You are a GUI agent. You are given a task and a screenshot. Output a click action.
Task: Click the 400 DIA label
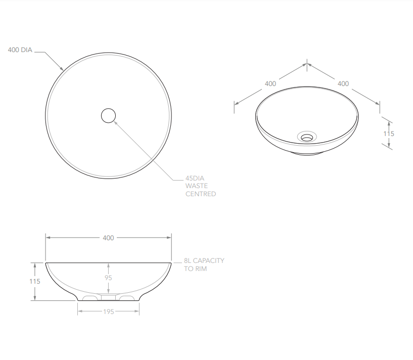pyautogui.click(x=20, y=50)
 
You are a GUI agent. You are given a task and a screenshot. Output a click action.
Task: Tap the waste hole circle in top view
pyautogui.click(x=108, y=116)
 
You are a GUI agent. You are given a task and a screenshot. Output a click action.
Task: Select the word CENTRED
pyautogui.click(x=200, y=194)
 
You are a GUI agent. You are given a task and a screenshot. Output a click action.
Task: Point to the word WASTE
pyautogui.click(x=196, y=186)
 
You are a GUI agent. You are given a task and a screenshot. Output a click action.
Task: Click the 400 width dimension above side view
pyautogui.click(x=108, y=238)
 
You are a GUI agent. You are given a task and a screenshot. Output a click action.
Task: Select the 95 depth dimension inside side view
pyautogui.click(x=108, y=278)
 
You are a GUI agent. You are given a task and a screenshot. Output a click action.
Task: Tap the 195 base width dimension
pyautogui.click(x=108, y=311)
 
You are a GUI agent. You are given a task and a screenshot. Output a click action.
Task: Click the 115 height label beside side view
pyautogui.click(x=34, y=282)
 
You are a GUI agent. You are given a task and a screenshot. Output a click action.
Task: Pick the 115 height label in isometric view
pyautogui.click(x=389, y=134)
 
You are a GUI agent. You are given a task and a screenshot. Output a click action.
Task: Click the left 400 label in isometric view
pyautogui.click(x=270, y=83)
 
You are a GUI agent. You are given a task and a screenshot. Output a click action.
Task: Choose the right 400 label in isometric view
pyautogui.click(x=343, y=83)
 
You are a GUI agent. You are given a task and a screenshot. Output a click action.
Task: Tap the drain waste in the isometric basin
pyautogui.click(x=307, y=136)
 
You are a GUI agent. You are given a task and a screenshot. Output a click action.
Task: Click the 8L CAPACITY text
pyautogui.click(x=204, y=260)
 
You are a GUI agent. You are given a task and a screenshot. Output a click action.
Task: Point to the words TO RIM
pyautogui.click(x=196, y=268)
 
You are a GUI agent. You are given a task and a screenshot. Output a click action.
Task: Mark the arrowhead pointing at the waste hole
pyautogui.click(x=115, y=121)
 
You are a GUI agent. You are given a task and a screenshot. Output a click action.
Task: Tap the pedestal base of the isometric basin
pyautogui.click(x=307, y=152)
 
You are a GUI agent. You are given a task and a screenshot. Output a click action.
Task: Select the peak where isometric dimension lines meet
pyautogui.click(x=307, y=64)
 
